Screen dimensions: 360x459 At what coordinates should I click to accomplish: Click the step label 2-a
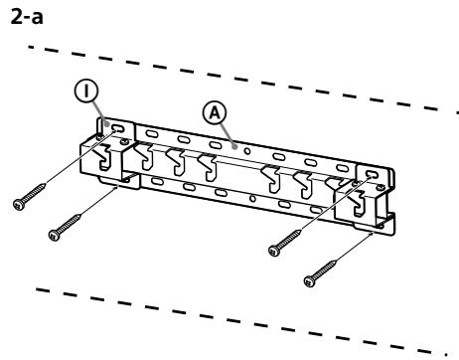tap(21, 13)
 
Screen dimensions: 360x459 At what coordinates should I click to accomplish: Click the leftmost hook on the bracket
tap(145, 155)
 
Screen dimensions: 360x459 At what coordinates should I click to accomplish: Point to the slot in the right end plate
tap(373, 175)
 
